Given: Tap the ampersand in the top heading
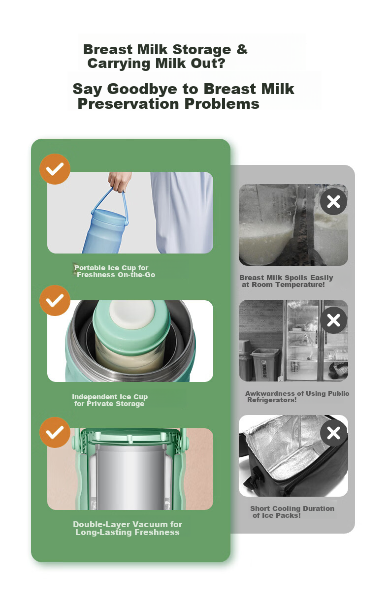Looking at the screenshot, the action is pyautogui.click(x=242, y=49).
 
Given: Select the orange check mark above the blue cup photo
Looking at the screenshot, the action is pyautogui.click(x=55, y=169).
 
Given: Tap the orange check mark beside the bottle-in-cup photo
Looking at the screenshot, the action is pyautogui.click(x=55, y=300).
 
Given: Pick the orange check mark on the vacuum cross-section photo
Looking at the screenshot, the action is pyautogui.click(x=55, y=433).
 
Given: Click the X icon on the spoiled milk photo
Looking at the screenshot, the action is pyautogui.click(x=333, y=202).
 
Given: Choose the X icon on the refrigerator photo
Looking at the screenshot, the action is pyautogui.click(x=333, y=320).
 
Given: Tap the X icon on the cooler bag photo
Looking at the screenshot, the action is pyautogui.click(x=333, y=433).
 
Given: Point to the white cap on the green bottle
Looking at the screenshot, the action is pyautogui.click(x=132, y=314).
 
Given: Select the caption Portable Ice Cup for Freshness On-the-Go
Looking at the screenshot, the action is pyautogui.click(x=114, y=271).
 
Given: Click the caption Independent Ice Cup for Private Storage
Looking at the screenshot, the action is pyautogui.click(x=110, y=400).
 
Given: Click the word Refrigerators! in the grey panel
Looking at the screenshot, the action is pyautogui.click(x=272, y=400).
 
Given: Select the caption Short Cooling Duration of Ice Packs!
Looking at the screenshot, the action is pyautogui.click(x=292, y=512).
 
